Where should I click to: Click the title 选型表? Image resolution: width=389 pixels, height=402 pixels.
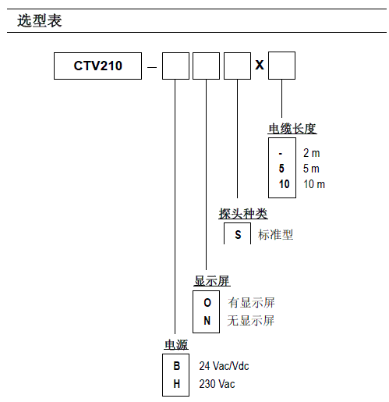[39, 21]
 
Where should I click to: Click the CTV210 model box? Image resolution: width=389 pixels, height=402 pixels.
[98, 66]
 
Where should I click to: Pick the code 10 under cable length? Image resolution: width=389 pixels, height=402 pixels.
[284, 184]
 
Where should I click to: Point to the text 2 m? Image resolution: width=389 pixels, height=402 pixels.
[311, 153]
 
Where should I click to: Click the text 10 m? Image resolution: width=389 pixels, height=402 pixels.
[314, 184]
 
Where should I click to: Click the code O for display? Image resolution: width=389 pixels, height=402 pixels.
[207, 303]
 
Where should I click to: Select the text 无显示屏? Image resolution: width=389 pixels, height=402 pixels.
[251, 320]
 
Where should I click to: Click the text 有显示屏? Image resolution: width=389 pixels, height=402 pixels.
[251, 303]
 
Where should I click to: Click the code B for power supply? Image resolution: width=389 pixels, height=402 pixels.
[176, 366]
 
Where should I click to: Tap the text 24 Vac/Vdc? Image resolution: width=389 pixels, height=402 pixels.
[224, 366]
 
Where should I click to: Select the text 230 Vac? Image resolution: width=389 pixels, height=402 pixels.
[217, 383]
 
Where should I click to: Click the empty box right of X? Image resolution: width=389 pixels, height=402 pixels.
[281, 66]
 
